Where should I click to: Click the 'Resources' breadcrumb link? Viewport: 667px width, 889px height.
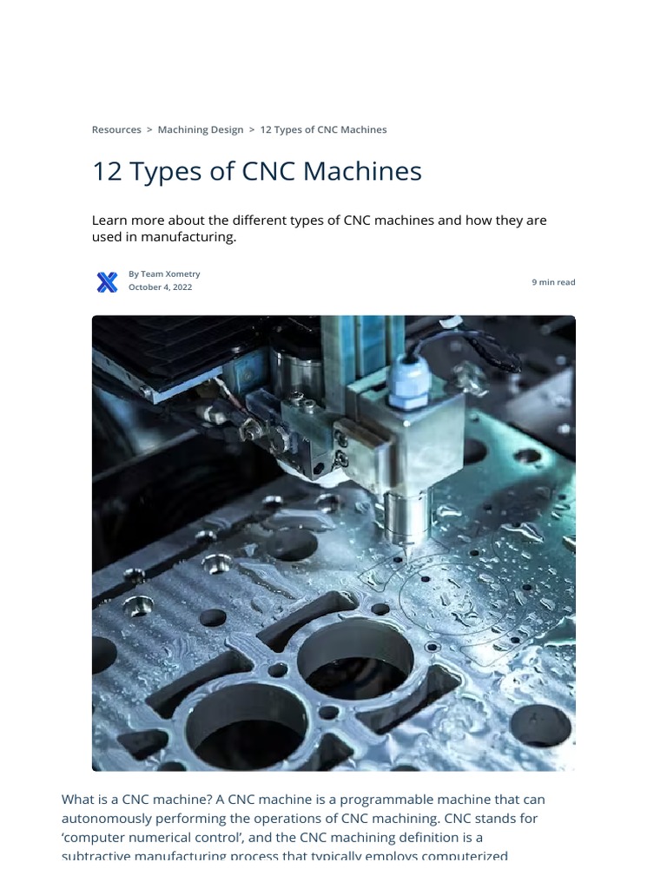(x=116, y=129)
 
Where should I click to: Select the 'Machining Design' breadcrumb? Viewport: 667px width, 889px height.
(x=201, y=129)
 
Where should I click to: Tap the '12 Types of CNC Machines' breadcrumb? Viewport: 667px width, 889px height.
(x=323, y=129)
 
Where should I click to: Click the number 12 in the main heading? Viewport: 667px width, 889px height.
(x=107, y=171)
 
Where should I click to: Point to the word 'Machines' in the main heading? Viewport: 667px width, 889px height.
(x=365, y=171)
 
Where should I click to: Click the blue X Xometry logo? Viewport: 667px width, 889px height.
(x=107, y=281)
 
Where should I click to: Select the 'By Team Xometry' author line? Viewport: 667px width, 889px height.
(x=164, y=273)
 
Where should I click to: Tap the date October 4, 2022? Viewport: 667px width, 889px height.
(x=160, y=287)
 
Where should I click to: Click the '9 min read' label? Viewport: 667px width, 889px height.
(x=553, y=282)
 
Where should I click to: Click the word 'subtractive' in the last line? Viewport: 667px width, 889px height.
(x=97, y=856)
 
